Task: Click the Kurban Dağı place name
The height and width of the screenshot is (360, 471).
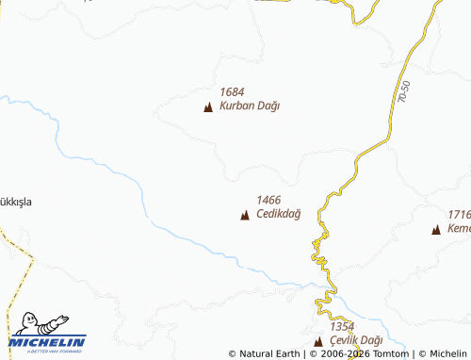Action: coord(250,106)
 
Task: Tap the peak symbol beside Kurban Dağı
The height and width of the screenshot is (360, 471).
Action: coord(208,107)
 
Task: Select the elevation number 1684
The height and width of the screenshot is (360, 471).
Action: coord(232,92)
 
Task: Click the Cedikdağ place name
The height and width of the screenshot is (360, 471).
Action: coord(278,215)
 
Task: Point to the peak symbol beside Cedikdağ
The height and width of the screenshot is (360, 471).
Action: coord(245,216)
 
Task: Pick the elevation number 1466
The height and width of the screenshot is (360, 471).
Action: coord(268,200)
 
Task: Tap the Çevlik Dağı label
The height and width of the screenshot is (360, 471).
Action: coord(356,339)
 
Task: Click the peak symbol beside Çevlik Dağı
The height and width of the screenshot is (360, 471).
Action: coord(317,340)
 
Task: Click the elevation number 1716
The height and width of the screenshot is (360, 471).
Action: coord(459,215)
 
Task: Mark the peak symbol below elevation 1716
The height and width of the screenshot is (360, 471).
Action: coord(436,230)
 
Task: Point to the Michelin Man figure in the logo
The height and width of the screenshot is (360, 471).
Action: coord(35,322)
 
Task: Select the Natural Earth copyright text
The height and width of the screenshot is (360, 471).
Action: coord(264,354)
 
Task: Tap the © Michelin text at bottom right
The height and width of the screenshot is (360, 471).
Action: coord(443,354)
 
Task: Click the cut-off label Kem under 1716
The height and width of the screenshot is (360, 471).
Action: coord(460,230)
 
